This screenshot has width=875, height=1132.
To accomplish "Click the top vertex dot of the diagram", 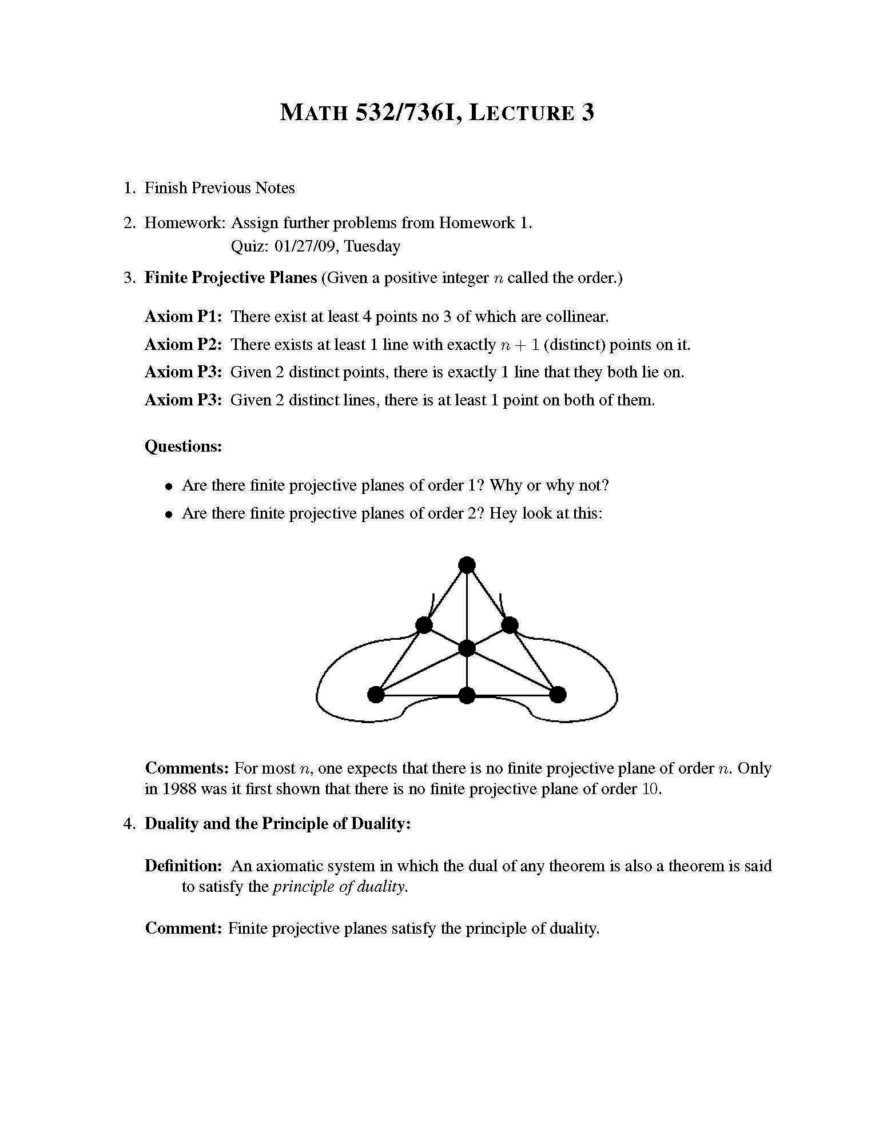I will coord(467,565).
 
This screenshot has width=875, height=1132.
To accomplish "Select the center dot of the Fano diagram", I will coord(467,648).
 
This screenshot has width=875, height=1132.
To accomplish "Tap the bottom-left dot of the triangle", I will coord(376,695).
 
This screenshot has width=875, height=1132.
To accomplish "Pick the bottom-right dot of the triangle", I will coord(558,695).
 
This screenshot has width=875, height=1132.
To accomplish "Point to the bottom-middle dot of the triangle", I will coord(467,695).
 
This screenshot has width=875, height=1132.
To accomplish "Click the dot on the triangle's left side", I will coord(424,625).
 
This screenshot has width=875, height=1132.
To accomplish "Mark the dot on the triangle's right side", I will coord(510,625).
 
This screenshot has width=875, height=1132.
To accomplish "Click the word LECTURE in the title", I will coord(522,112).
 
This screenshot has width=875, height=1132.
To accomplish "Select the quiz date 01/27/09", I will coord(304,246).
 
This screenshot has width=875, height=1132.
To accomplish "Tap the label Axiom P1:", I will coord(183,316).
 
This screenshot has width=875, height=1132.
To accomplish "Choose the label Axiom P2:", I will coord(183,344).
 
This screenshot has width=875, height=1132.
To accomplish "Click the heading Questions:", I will coord(183,446).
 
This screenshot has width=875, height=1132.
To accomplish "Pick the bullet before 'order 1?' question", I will coord(169,487).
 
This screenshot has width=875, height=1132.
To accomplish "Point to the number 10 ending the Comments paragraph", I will coord(651,789).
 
